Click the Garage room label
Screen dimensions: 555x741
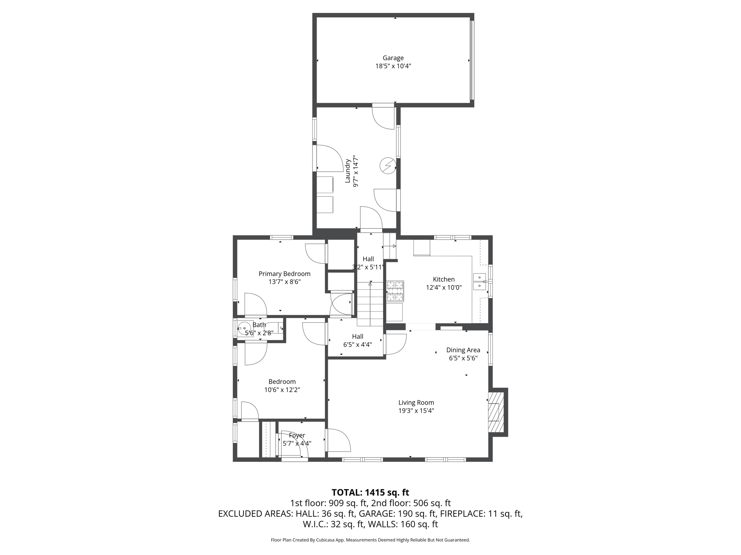tap(393, 58)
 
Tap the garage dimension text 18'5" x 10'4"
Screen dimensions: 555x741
tap(393, 66)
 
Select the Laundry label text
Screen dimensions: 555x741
tap(348, 171)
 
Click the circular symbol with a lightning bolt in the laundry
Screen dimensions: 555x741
tap(388, 166)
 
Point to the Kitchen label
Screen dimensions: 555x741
tap(444, 279)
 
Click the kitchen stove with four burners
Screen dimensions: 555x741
tap(395, 291)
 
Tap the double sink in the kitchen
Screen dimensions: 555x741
tap(479, 282)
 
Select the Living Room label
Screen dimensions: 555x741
tap(416, 403)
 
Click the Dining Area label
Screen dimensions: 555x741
tap(463, 350)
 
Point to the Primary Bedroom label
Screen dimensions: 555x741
tap(284, 274)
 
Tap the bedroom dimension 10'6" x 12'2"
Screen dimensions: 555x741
tap(282, 390)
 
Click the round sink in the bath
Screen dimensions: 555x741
tap(245, 328)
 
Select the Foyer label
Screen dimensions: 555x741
tap(297, 435)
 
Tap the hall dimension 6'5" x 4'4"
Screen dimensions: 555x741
tap(357, 345)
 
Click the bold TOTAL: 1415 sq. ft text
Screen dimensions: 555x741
tap(370, 492)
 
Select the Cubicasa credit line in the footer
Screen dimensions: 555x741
tap(370, 540)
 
